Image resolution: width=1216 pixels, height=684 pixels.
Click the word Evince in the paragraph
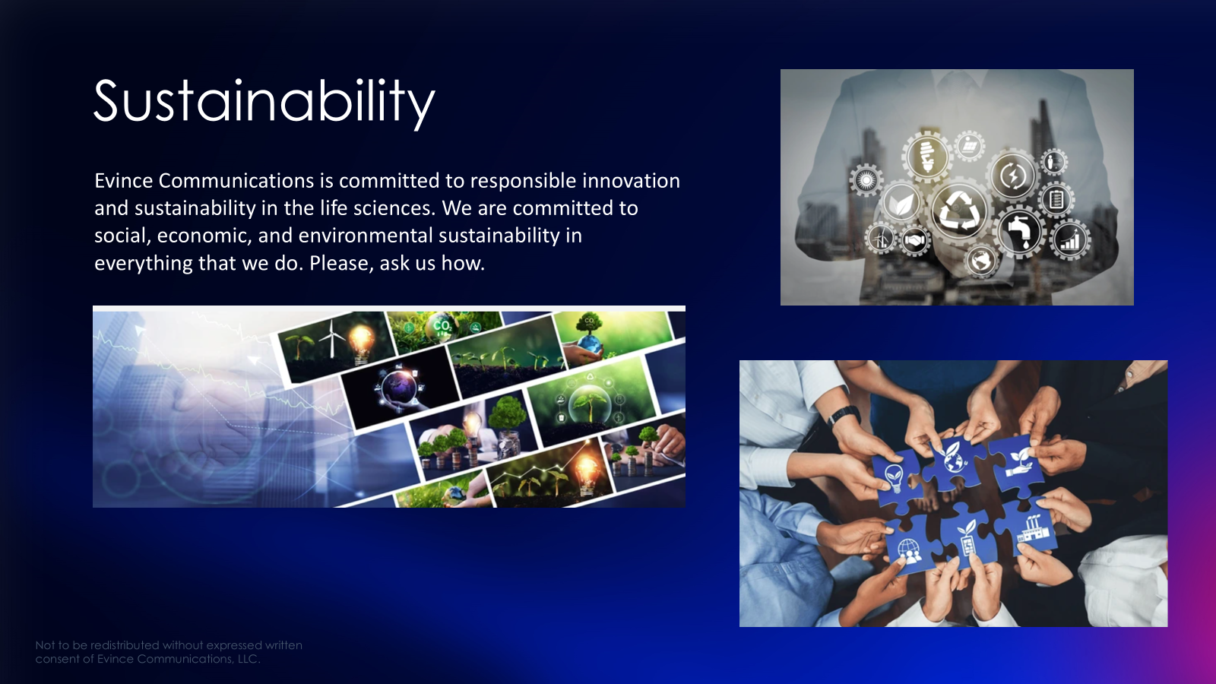[123, 181]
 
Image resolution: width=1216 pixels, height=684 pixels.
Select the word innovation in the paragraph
[631, 181]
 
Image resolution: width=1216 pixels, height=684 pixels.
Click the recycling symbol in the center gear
[959, 210]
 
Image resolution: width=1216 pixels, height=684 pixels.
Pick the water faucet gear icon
[1019, 231]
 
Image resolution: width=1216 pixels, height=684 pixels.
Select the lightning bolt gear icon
[1012, 176]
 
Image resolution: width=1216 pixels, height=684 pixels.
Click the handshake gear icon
[915, 240]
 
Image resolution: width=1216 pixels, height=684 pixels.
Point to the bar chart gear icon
[1070, 240]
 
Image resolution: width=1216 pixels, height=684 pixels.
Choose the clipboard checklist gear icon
[1056, 199]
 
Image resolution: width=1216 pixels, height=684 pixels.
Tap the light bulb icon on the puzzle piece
[894, 478]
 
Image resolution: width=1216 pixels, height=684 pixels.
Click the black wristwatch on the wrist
[843, 416]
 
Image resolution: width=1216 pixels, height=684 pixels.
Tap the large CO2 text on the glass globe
[442, 326]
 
